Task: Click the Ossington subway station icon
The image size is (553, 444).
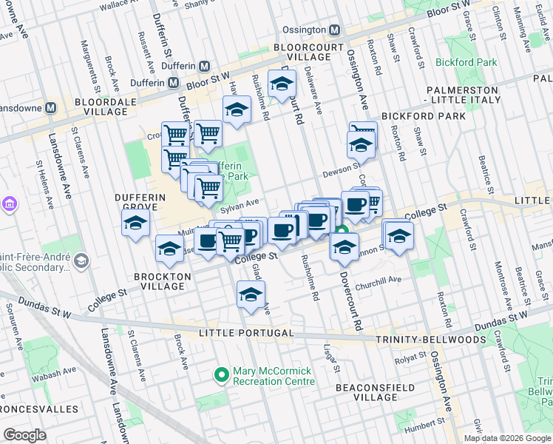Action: [334, 30]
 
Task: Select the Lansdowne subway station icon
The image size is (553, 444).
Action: [51, 107]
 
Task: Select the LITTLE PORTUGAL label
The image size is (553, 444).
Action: [241, 334]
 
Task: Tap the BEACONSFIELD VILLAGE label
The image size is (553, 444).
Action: [367, 392]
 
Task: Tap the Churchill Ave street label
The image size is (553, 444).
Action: [378, 280]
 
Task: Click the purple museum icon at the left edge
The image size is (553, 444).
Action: [9, 203]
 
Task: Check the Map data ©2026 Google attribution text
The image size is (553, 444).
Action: [506, 438]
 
